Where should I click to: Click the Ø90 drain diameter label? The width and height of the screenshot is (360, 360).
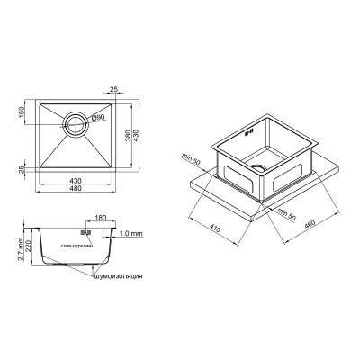99,117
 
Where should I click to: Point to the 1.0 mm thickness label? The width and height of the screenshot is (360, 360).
131,234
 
